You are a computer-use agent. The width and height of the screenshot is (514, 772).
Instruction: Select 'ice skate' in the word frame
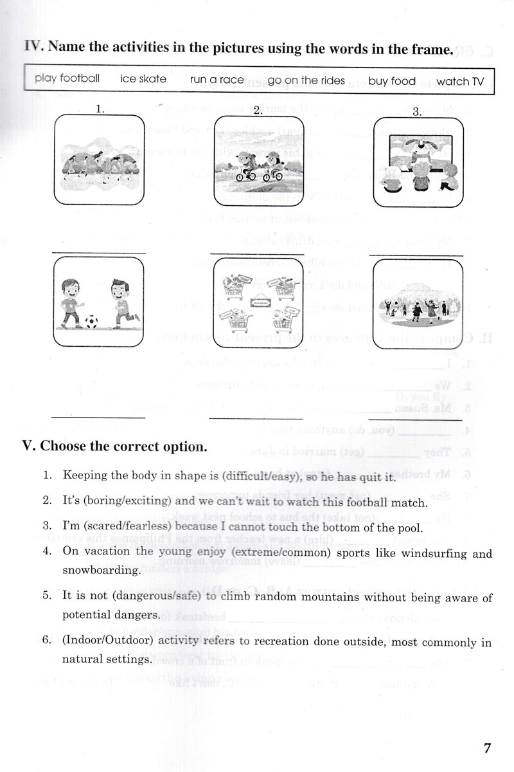[x=143, y=80]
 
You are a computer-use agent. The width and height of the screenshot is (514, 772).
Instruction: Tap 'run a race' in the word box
[x=217, y=80]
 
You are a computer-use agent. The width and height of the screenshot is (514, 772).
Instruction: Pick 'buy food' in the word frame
[x=392, y=81]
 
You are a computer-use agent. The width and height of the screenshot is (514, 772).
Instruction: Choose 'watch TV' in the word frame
[x=460, y=81]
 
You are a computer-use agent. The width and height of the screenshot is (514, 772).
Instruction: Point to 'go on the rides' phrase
[x=306, y=80]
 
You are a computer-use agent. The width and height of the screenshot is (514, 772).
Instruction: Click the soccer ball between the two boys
[x=92, y=319]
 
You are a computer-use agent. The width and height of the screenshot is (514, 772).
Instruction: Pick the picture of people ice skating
[x=417, y=302]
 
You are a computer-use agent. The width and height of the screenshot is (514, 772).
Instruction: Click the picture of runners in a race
[x=99, y=161]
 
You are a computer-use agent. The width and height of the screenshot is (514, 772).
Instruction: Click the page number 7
[x=487, y=748]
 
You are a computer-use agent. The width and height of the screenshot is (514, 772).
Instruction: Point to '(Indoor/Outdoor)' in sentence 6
[x=109, y=643]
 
